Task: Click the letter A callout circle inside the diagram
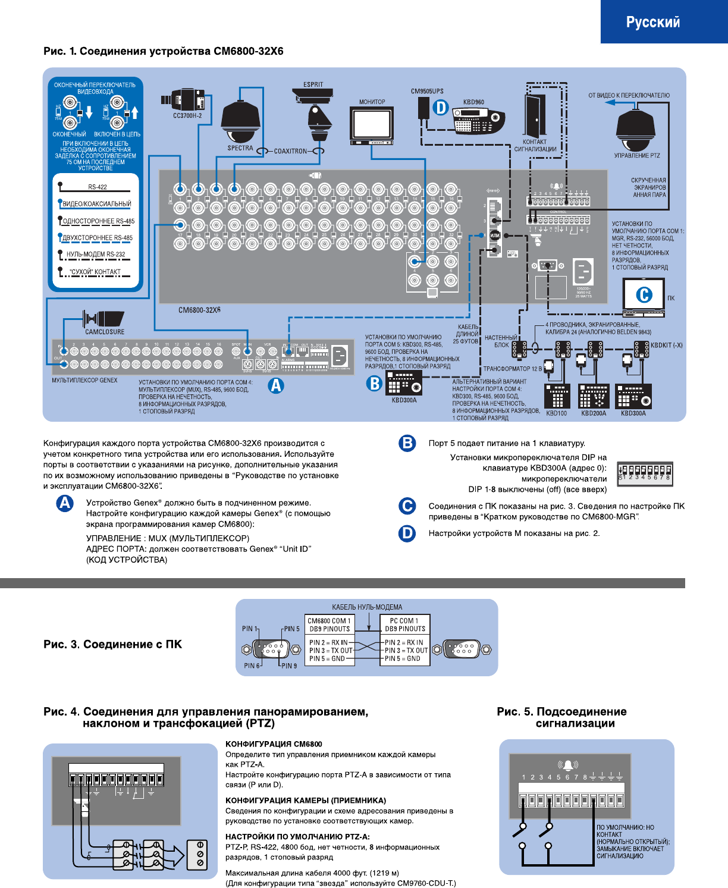(275, 385)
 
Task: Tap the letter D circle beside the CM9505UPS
(440, 108)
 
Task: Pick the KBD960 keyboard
(478, 122)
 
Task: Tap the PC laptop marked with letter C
(644, 296)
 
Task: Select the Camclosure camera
(104, 318)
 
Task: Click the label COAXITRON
(290, 151)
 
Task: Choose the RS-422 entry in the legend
(98, 187)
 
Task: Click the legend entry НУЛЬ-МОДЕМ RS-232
(96, 255)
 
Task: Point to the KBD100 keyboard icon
(557, 396)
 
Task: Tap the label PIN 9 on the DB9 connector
(289, 666)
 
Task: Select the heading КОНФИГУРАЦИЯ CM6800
(274, 744)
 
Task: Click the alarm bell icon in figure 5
(568, 765)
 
